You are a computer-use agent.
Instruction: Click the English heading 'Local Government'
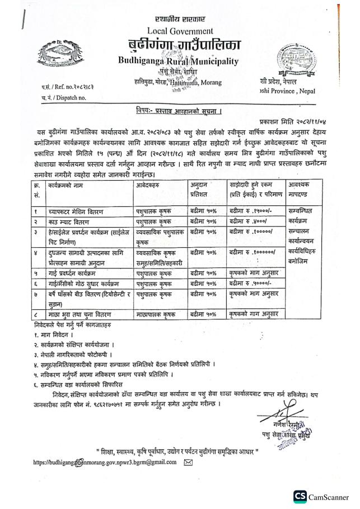[180, 30]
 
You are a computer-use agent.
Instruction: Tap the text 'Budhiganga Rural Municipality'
[178, 60]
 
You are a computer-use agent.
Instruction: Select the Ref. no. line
[71, 88]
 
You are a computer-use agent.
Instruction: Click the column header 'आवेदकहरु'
[149, 184]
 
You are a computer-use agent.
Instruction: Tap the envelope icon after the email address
[188, 462]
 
